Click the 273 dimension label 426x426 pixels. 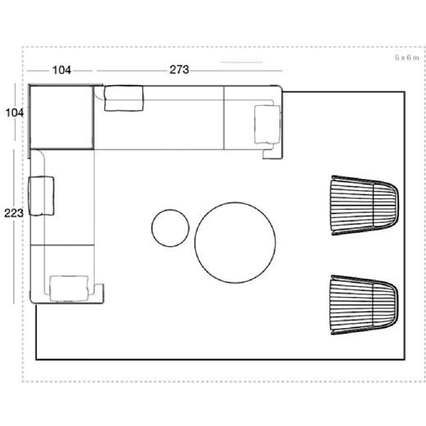pos(179,70)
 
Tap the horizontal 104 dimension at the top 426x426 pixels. pos(62,70)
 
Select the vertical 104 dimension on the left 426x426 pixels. pos(15,113)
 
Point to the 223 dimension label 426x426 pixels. pos(14,213)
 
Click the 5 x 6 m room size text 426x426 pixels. pos(407,58)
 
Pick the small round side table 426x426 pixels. pos(170,228)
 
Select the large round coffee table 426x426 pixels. pos(235,243)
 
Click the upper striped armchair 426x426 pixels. pos(364,205)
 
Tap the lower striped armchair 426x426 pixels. pos(364,305)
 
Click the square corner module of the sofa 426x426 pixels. pos(62,117)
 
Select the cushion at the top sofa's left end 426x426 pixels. pos(124,98)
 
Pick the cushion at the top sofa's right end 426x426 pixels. pos(267,124)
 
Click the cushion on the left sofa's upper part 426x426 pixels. pos(41,196)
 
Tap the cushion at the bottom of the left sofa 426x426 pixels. pos(69,289)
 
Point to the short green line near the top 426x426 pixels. pos(241,62)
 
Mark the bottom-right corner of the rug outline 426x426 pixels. pos(405,359)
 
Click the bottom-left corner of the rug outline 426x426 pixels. pos(36,359)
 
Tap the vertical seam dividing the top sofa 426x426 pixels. pos(223,118)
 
